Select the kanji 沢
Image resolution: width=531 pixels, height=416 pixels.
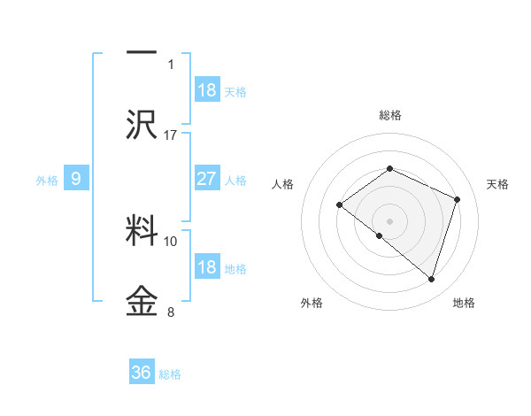(142, 124)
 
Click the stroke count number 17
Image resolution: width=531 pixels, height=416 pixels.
(171, 135)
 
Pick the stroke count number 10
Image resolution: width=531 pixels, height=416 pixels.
(171, 241)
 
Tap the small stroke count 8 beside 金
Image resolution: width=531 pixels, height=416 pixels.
(171, 312)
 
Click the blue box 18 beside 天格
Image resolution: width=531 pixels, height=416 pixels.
(207, 90)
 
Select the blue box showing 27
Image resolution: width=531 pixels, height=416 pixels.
(207, 179)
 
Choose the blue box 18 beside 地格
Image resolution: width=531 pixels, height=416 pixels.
(207, 267)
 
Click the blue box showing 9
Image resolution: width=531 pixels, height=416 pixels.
(76, 179)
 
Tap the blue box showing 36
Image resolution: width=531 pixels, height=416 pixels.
(142, 373)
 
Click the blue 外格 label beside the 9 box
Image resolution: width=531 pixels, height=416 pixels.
(47, 180)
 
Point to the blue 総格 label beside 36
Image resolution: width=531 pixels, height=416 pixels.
(171, 374)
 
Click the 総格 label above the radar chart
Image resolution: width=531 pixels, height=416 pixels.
(389, 115)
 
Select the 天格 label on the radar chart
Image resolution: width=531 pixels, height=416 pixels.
(498, 184)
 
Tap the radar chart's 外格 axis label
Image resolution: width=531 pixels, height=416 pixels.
(312, 303)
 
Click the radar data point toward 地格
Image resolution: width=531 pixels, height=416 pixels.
(432, 280)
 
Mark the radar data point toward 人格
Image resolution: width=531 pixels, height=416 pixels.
(340, 205)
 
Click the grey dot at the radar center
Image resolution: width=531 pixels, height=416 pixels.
(389, 220)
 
